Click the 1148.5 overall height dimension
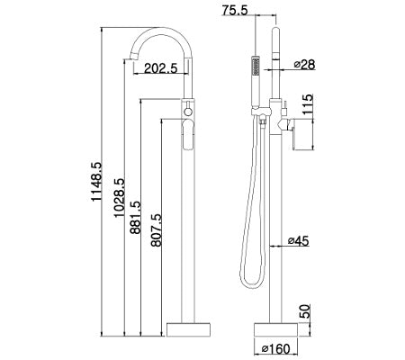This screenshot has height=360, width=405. [x=97, y=182]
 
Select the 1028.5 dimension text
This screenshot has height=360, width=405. [x=119, y=197]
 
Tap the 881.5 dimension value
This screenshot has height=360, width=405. [x=135, y=218]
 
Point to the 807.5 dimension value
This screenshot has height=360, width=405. [x=156, y=229]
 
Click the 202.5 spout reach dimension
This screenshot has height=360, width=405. [x=161, y=68]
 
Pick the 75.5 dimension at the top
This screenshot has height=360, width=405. [x=235, y=10]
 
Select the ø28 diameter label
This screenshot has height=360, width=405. [x=304, y=64]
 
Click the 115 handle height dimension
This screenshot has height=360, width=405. [x=307, y=104]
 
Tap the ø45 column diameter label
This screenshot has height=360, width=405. [x=298, y=240]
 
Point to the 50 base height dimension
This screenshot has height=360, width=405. [x=304, y=312]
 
